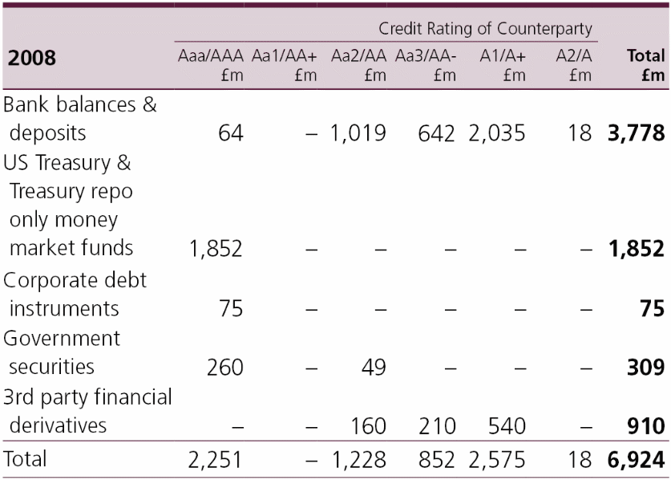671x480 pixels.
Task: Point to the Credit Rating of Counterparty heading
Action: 485,30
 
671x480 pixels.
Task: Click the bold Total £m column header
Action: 646,65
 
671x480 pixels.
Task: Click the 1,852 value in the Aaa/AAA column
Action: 215,249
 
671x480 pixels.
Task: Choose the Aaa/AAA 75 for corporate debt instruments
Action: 230,309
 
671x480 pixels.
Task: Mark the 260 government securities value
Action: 224,367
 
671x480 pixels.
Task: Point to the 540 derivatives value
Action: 505,425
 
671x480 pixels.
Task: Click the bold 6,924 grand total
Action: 636,460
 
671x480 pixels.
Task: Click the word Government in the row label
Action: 62,338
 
